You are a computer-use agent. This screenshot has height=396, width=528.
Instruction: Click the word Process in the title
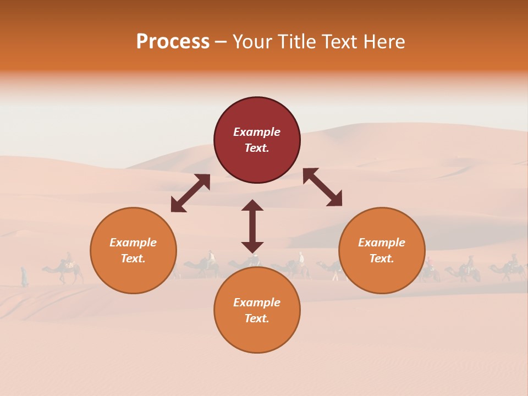(173, 42)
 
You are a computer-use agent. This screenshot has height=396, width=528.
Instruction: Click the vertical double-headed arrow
(252, 226)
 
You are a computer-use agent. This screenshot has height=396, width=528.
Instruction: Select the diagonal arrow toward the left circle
(190, 193)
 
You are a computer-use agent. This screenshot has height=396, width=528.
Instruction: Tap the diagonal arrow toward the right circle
(322, 187)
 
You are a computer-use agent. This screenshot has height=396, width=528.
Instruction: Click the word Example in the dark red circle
(257, 132)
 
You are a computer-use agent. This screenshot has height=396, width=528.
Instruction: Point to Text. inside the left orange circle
(133, 258)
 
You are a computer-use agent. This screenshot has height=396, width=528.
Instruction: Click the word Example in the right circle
(382, 243)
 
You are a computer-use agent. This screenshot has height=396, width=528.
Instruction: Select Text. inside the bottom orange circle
(257, 318)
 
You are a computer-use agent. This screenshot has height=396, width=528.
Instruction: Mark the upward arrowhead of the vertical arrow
(252, 205)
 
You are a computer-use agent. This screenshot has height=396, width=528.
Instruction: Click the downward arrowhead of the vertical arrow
(252, 247)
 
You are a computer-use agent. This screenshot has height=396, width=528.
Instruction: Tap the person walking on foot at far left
(24, 277)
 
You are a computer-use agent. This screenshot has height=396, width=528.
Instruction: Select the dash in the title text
(221, 42)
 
